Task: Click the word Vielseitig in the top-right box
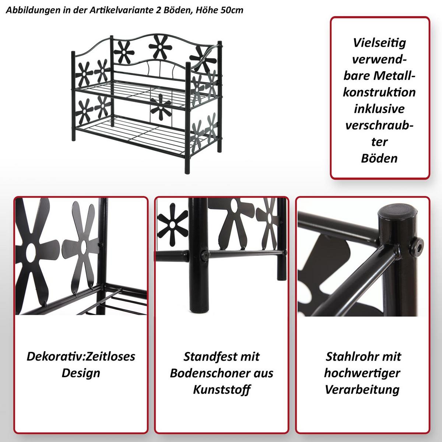tap(379, 43)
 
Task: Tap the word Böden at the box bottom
tap(379, 158)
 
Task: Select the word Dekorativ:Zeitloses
tap(81, 357)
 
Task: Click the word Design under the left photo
tap(81, 373)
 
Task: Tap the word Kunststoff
tap(222, 390)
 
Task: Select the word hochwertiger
tap(362, 373)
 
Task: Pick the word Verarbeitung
tap(362, 390)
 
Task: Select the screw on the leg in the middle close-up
tap(205, 255)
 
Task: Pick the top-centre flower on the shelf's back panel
tap(160, 47)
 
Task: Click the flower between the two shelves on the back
tap(161, 107)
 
